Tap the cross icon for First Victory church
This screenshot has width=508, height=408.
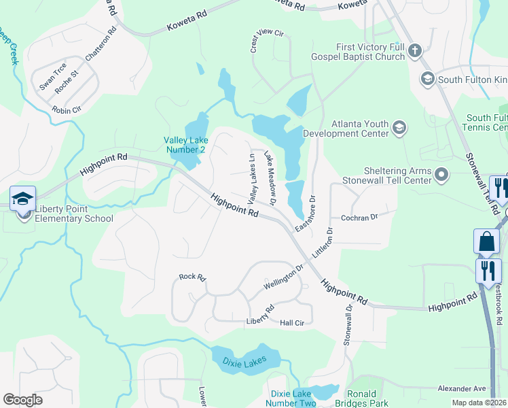pyautogui.click(x=415, y=50)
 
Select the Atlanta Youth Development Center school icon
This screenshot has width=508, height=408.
pyautogui.click(x=400, y=127)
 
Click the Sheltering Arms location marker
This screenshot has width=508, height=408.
pyautogui.click(x=442, y=176)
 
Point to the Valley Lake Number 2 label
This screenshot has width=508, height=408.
pyautogui.click(x=185, y=145)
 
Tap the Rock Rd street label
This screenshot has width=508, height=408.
pyautogui.click(x=192, y=277)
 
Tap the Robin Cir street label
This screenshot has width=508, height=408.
pyautogui.click(x=67, y=109)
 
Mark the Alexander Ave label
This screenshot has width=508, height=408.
pyautogui.click(x=462, y=388)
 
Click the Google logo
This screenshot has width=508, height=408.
pyautogui.click(x=22, y=400)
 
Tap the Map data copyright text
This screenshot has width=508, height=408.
pyautogui.click(x=479, y=403)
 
